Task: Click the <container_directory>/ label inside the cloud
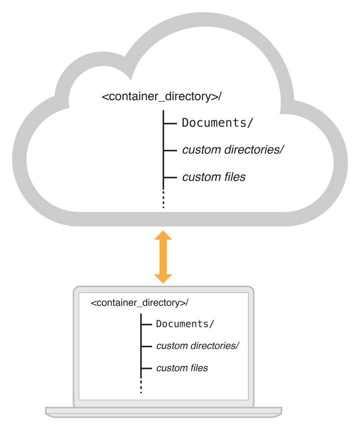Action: point(161,96)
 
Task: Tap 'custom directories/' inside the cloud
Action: point(233,149)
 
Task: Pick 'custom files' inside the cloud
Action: point(214,177)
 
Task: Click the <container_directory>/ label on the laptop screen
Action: point(140,303)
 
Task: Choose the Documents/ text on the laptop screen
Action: point(185,324)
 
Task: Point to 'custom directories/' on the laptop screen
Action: point(198,346)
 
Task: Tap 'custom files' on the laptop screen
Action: point(182,368)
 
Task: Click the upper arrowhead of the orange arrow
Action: point(163,236)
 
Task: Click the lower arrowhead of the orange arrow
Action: point(163,278)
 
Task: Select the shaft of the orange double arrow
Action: point(163,257)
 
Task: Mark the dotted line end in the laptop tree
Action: point(141,387)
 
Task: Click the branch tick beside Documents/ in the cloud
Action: point(170,123)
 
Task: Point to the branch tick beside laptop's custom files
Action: point(147,368)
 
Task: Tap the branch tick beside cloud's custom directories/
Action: point(170,150)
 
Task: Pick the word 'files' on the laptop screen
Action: point(198,368)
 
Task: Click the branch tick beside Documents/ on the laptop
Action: point(147,324)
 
